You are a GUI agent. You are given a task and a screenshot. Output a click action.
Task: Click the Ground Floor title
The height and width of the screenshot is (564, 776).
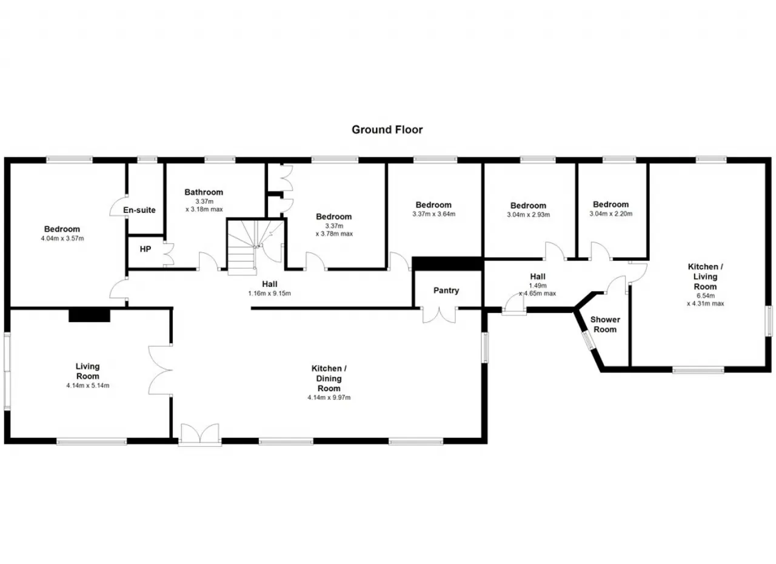point(387,130)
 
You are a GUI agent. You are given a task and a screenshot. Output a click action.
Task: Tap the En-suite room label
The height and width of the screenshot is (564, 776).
point(139,210)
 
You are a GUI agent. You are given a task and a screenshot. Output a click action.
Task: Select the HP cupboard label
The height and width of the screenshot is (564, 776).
point(145,249)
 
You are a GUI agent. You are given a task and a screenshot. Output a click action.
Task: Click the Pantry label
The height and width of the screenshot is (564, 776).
point(446,290)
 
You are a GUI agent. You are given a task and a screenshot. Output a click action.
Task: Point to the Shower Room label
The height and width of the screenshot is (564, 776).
point(605,324)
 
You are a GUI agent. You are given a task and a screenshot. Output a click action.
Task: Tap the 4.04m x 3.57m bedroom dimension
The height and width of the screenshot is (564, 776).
point(62,238)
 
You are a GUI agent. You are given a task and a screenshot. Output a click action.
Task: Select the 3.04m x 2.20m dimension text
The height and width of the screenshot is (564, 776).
point(610,213)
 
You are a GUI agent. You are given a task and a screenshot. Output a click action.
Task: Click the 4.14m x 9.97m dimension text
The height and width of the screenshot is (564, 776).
point(329,397)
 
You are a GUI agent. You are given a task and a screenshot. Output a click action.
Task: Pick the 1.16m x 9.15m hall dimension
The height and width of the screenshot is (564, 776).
point(269,294)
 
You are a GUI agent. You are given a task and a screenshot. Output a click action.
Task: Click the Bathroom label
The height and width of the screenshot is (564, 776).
point(204,192)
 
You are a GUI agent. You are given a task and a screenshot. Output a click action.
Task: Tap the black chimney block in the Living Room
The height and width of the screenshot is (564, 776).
point(89,315)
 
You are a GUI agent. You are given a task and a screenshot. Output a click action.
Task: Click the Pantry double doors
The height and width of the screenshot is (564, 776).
point(439,315)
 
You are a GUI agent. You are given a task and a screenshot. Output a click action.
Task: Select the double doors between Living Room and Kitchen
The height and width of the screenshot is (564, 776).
point(161,370)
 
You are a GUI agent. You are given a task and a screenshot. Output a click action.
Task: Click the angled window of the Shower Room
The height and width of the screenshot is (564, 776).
point(588,340)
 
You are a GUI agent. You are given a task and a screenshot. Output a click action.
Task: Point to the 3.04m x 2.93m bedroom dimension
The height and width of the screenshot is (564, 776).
point(528,215)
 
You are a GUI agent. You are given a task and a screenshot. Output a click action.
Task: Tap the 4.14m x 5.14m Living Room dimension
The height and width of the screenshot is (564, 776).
point(88,385)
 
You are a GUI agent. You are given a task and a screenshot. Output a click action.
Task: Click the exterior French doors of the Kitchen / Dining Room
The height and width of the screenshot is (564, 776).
point(200,434)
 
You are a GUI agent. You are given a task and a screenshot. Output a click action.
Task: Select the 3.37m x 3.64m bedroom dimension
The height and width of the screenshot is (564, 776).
point(433,213)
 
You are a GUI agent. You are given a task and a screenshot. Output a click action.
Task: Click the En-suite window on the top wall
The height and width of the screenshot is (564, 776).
point(147,159)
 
